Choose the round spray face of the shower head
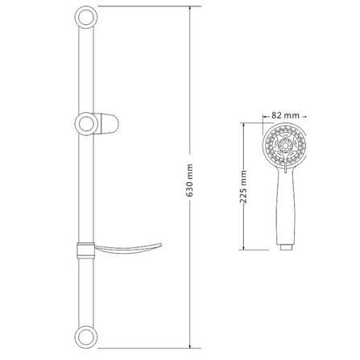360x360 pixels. pos(283,150)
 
